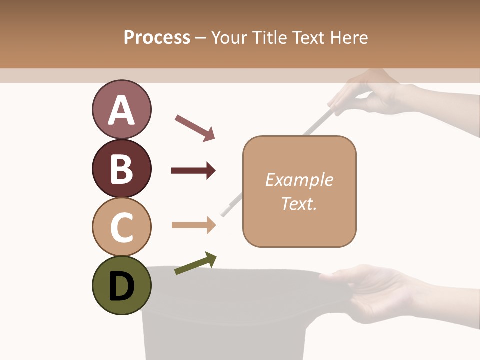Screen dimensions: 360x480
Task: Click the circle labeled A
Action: pos(121,110)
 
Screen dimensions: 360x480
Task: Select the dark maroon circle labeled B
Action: pos(121,168)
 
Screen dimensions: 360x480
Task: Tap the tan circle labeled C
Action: pos(121,227)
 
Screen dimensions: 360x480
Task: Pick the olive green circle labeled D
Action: pos(121,285)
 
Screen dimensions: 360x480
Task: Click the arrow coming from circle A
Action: pos(195,127)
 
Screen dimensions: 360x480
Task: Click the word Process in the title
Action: pos(157,37)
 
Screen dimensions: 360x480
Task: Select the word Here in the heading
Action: pos(349,37)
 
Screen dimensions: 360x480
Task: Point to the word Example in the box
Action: pos(299,180)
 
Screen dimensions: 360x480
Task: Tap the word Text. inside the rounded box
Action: pos(299,203)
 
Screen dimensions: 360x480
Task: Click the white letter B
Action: pos(121,168)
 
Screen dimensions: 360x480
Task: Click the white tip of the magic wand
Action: pos(225,211)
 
